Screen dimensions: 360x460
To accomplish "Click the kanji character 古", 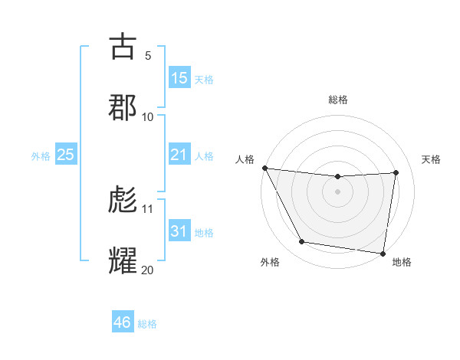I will (x=123, y=47).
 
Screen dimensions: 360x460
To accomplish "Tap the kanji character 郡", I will (x=123, y=106).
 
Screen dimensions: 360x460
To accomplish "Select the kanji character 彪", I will (x=123, y=200).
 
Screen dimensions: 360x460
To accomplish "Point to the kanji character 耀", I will (x=123, y=260).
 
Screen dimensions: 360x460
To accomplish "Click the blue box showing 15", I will (x=179, y=78).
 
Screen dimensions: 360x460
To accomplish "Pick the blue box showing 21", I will (x=179, y=155).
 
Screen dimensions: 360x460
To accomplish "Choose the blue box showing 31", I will (x=179, y=231).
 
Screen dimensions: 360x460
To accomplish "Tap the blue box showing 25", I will (x=66, y=155).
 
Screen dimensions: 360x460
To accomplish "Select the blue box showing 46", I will (x=123, y=322).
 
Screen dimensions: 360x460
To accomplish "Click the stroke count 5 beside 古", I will (x=147, y=56).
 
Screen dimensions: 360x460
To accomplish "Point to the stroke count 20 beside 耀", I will (x=147, y=269).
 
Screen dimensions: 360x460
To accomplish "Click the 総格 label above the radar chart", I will (x=338, y=100).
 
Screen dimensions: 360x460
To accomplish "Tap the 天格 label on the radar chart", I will (x=432, y=159).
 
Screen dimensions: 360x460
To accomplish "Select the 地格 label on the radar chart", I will (x=402, y=262).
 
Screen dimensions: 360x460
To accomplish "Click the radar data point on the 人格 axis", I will (x=264, y=168).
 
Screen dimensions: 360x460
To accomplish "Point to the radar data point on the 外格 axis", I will (x=301, y=243).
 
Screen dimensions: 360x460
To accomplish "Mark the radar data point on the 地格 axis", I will (x=383, y=253).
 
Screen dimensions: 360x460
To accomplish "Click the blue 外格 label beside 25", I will (x=41, y=156).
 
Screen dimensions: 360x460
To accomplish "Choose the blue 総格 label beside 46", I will (x=147, y=324).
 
